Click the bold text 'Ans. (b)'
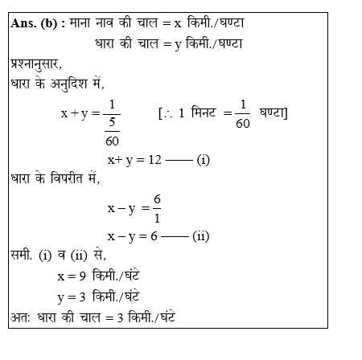pyautogui.click(x=37, y=23)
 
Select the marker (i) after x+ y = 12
pyautogui.click(x=203, y=159)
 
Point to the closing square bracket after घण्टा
pyautogui.click(x=287, y=113)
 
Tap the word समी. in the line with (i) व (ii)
pyautogui.click(x=22, y=256)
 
